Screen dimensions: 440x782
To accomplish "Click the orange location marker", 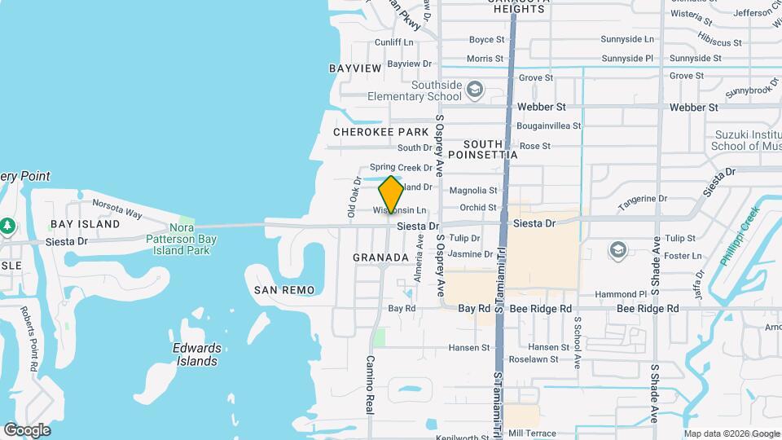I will [x=391, y=194].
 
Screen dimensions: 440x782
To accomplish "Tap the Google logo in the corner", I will [x=27, y=430].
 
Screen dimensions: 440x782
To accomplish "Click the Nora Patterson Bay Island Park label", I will [x=182, y=239].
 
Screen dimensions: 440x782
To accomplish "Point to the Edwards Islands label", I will [x=197, y=354].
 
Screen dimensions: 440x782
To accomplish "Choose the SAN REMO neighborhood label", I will [x=283, y=290].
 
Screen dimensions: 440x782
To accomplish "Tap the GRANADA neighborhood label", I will [x=380, y=257].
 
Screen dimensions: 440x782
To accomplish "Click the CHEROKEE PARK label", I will [x=380, y=132].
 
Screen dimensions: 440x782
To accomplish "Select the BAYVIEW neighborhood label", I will [x=355, y=68].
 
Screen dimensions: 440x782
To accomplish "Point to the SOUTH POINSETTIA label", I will [x=484, y=149].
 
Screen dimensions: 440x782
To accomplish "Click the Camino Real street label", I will [x=369, y=385].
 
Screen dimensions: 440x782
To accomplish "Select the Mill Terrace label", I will [x=530, y=433].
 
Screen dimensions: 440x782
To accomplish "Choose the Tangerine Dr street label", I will [x=642, y=199].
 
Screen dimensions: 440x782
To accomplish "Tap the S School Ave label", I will [x=576, y=342].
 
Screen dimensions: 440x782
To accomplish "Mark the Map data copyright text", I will [x=731, y=433].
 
